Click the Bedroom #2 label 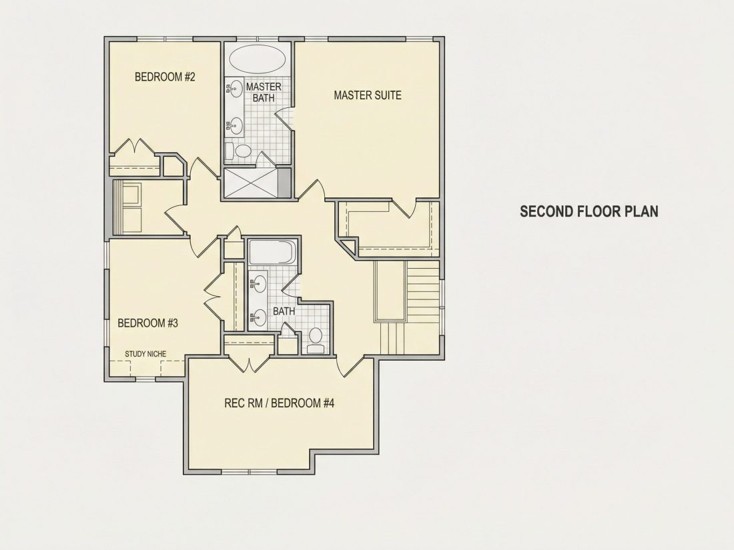point(165,77)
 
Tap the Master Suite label point(368,95)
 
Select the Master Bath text point(264,92)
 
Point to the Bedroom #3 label point(148,323)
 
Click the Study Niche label point(145,354)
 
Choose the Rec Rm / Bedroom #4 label point(280,403)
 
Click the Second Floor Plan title point(589,211)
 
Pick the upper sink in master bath point(236,87)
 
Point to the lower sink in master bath point(236,125)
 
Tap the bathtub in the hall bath point(271,253)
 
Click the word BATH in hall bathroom point(284,311)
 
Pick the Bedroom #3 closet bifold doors point(213,295)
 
